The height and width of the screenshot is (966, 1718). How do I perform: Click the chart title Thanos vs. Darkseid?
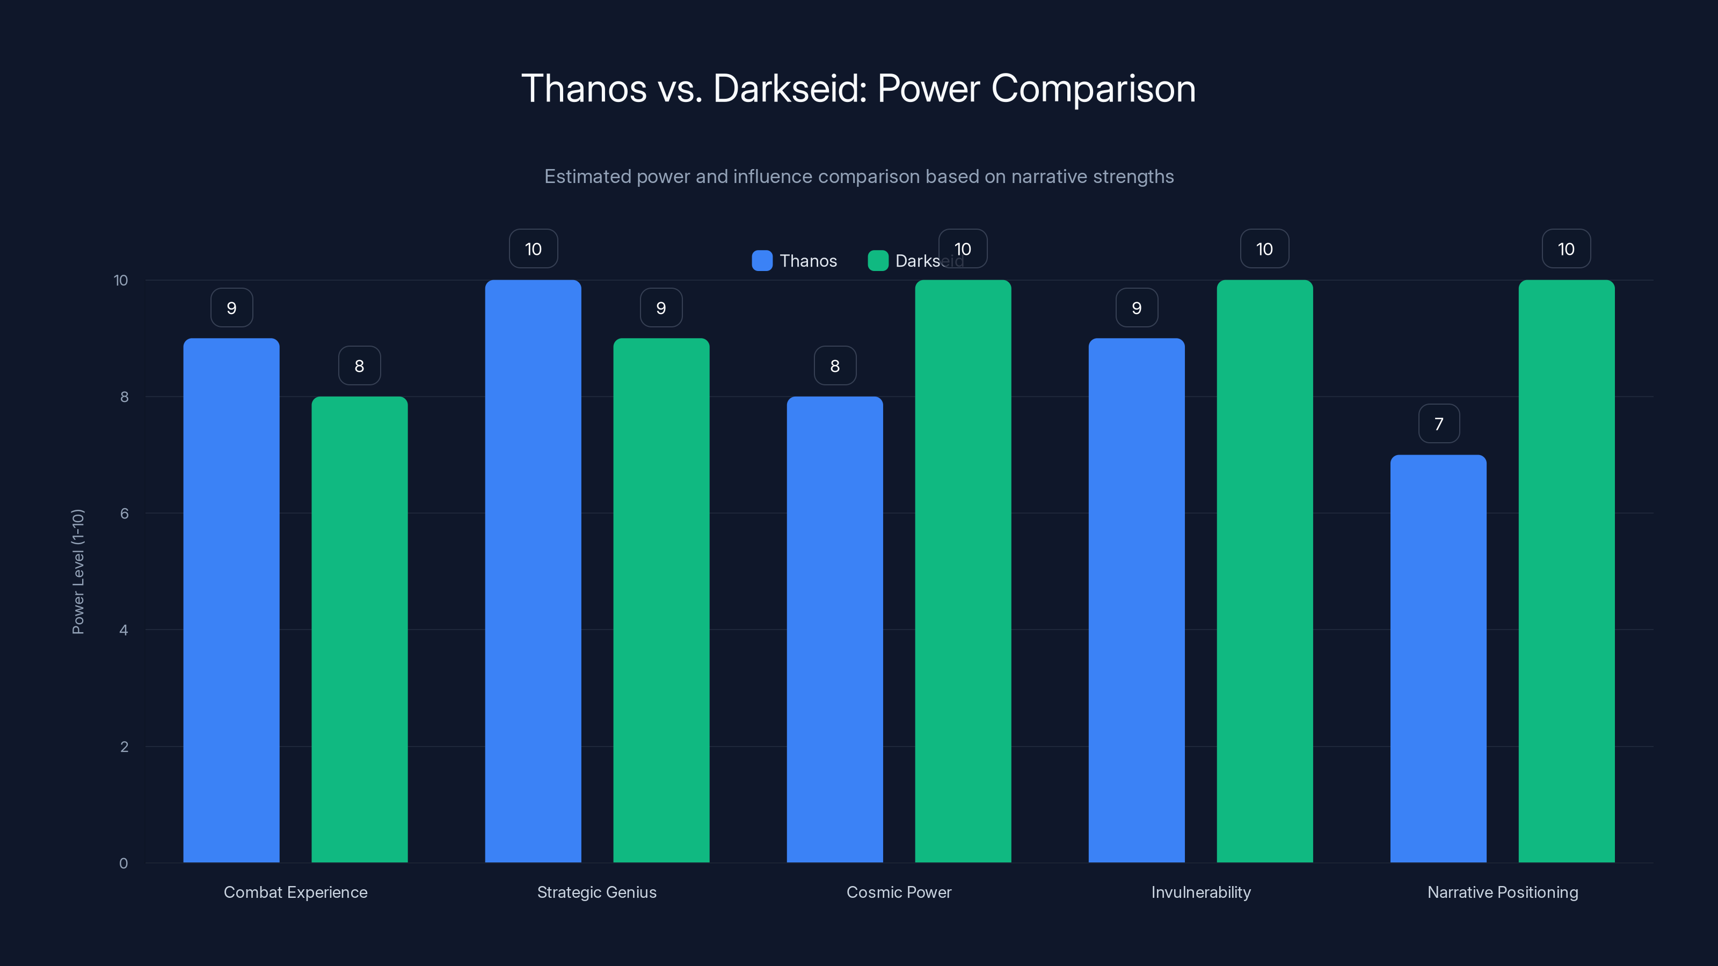point(858,89)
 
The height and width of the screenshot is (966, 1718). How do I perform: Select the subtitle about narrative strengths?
point(858,177)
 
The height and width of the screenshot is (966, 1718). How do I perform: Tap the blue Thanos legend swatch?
point(762,261)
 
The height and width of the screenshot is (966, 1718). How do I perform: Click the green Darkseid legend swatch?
point(878,261)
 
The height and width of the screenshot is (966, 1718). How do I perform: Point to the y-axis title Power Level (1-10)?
point(78,572)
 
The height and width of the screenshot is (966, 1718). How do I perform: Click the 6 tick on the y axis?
point(124,514)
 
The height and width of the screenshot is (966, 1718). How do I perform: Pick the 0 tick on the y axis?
point(123,863)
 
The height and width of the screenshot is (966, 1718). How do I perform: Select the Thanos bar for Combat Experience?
point(231,600)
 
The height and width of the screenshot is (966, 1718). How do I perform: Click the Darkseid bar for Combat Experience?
point(360,630)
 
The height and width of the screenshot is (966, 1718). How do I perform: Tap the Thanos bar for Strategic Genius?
point(533,572)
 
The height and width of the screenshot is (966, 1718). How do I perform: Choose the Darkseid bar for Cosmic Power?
point(963,572)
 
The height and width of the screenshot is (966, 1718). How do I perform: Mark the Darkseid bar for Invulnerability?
point(1264,572)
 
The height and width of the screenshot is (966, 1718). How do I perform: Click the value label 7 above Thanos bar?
point(1439,424)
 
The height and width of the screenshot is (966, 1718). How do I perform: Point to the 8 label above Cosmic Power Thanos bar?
point(835,366)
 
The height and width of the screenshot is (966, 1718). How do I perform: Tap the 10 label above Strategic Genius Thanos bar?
point(533,250)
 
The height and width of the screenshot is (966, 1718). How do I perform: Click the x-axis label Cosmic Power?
point(898,892)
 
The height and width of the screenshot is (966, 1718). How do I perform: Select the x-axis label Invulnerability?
point(1200,892)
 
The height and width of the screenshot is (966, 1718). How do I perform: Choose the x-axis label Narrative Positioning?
point(1503,892)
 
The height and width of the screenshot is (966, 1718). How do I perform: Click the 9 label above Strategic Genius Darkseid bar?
point(661,308)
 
